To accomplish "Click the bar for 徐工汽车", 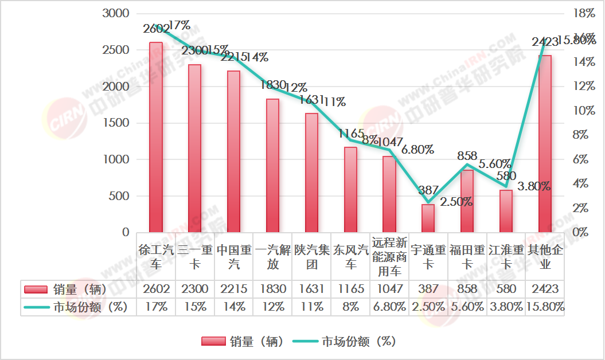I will pos(156,138).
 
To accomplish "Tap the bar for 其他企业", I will pos(545,144).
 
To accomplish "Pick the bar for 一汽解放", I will pos(272,166).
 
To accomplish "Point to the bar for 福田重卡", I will pos(467,201).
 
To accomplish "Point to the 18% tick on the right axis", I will pos(586,13).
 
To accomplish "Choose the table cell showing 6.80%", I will pos(389,307).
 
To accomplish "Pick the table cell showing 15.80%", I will pos(545,307).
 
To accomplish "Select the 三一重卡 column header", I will pos(194,257).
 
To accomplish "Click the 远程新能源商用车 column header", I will pos(389,257).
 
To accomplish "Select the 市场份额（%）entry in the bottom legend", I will pos(344,342).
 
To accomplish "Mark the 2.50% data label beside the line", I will pos(456,202).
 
